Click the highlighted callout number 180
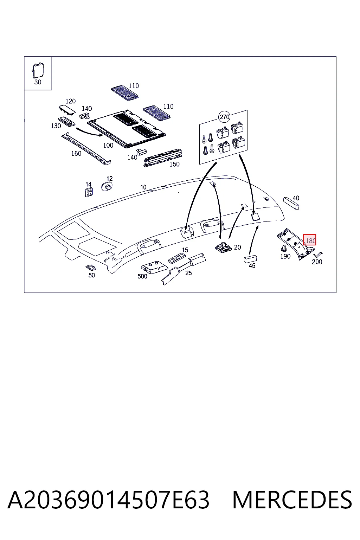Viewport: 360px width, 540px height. (310, 240)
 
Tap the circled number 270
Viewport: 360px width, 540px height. (224, 117)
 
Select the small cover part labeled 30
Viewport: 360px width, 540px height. (38, 71)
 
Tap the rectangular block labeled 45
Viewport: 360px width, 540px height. (251, 259)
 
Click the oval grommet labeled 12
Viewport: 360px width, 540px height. (107, 187)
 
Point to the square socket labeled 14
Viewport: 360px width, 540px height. (89, 192)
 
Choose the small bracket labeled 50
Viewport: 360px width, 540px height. (91, 267)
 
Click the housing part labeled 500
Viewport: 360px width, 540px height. (155, 267)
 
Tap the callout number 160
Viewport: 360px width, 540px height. (76, 154)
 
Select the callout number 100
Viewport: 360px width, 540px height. (108, 145)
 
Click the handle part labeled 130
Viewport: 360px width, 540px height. (66, 122)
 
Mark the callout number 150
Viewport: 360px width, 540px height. (175, 164)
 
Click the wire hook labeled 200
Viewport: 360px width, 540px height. (318, 255)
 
